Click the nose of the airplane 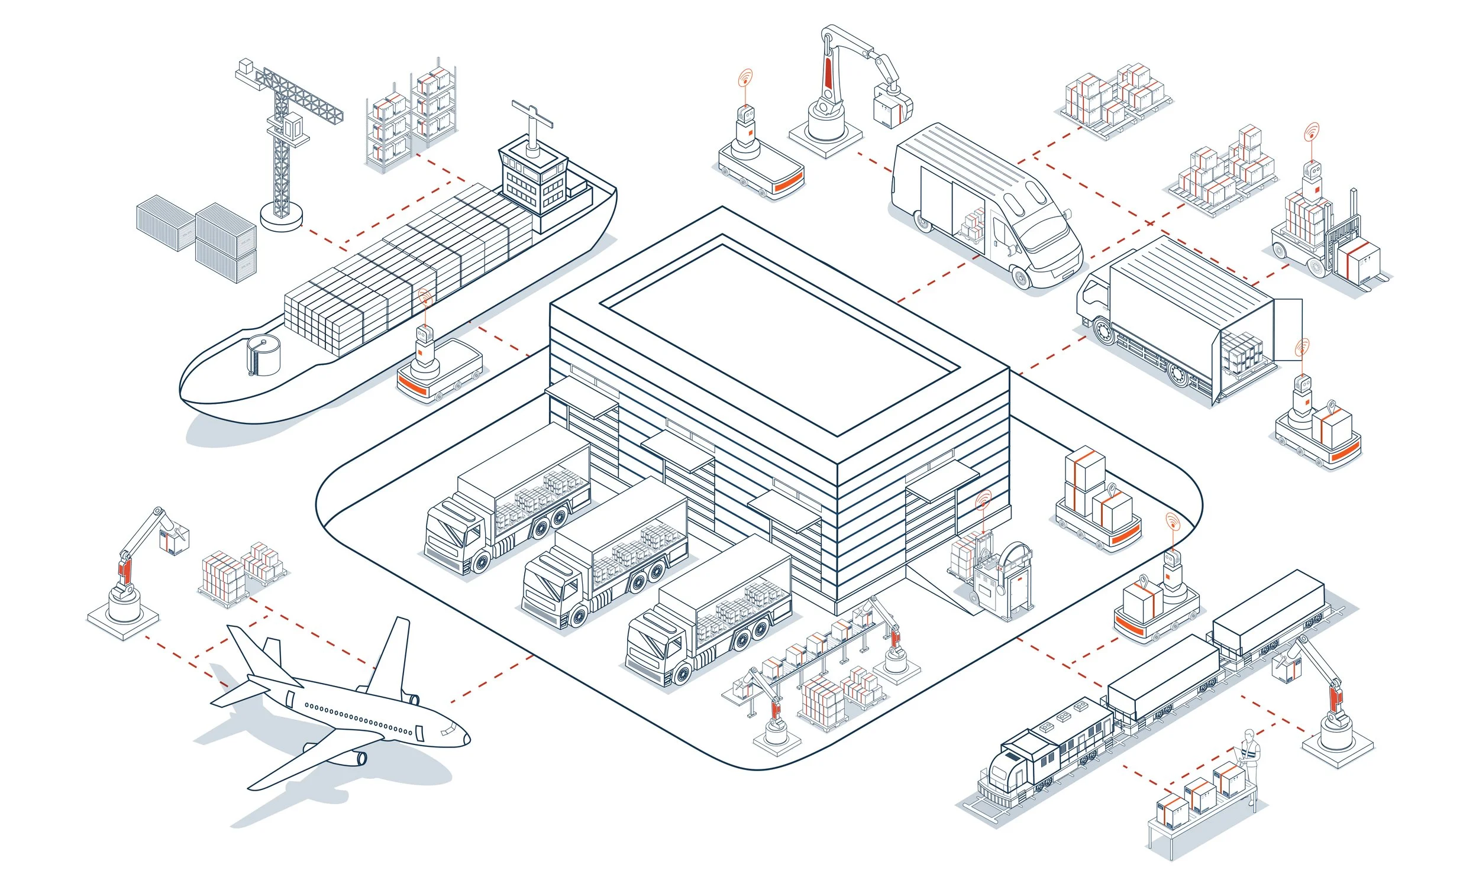coord(466,739)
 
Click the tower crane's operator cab coord(292,127)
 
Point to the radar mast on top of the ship coord(531,122)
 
